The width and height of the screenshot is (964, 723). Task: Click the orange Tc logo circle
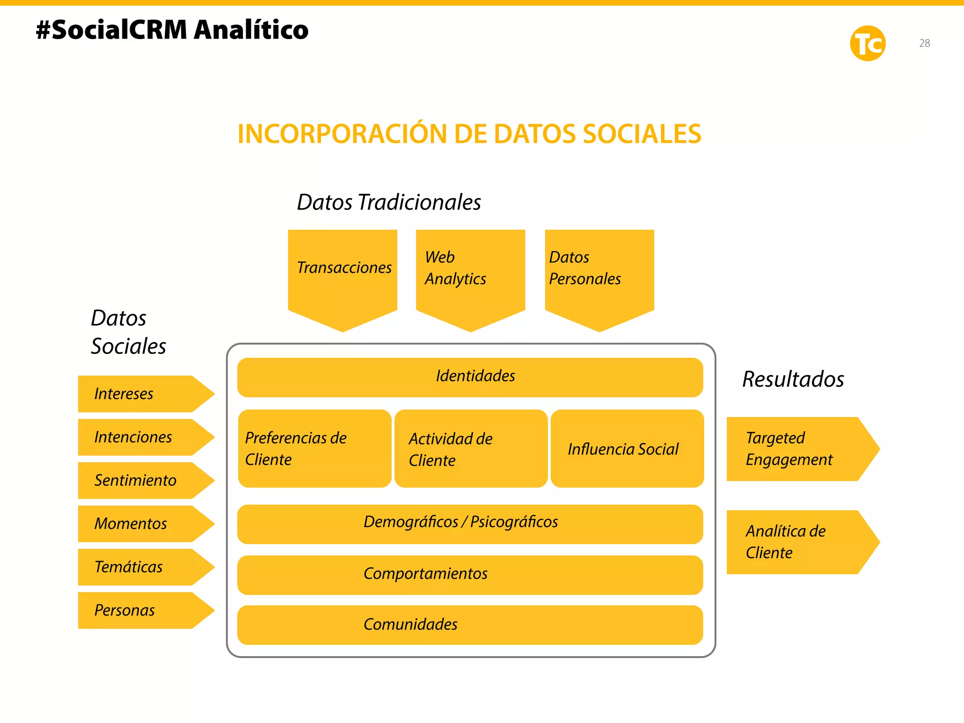(x=868, y=43)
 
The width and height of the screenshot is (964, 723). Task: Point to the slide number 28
(x=924, y=43)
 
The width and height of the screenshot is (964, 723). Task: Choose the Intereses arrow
(x=141, y=394)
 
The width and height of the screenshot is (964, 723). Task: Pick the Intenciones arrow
(x=141, y=437)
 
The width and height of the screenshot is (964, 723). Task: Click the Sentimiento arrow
(x=141, y=481)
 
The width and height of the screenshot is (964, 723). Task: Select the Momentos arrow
(x=141, y=524)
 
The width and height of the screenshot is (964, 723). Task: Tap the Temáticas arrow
(x=141, y=567)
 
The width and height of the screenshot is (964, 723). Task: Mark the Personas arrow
(x=141, y=611)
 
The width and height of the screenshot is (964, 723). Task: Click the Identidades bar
(x=470, y=377)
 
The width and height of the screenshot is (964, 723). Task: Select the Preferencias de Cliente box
(x=314, y=449)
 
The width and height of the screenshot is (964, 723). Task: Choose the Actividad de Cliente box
(x=471, y=449)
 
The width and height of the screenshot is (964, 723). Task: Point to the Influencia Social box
(x=627, y=449)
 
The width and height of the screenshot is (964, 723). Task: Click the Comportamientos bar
(x=470, y=575)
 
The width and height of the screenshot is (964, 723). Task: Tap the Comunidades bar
(x=470, y=625)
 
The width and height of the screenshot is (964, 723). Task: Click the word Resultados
(x=793, y=379)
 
